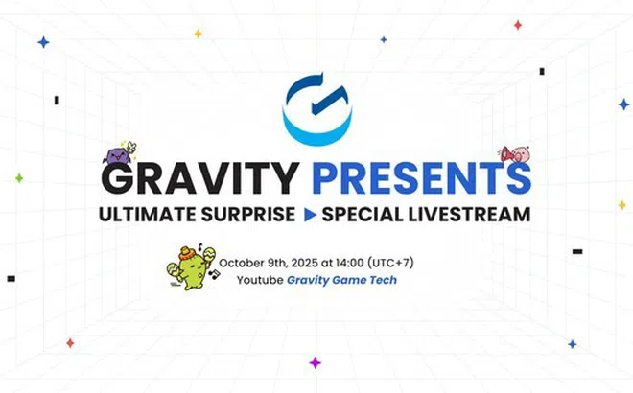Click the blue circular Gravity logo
coord(317,107)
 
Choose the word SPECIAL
coord(362,214)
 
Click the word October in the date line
coord(244,262)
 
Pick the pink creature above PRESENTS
coord(516,154)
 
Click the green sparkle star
coord(18,178)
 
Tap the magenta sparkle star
coord(315,362)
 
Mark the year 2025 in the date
coord(316,262)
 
